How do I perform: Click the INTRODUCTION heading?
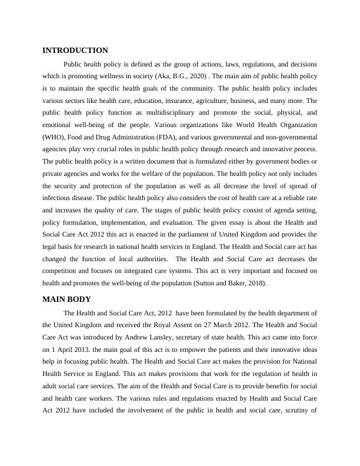point(75,51)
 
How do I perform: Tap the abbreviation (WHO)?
point(54,138)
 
